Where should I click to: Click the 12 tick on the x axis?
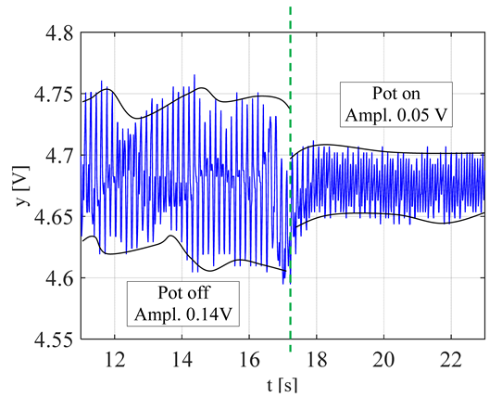[115, 360]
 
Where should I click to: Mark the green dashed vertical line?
[291, 186]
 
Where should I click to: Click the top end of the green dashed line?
[291, 7]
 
